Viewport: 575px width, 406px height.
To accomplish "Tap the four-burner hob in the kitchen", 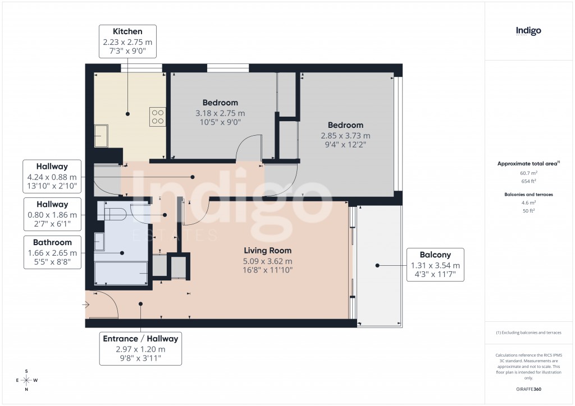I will tap(157, 116).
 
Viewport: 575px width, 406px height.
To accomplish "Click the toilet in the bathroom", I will tap(112, 211).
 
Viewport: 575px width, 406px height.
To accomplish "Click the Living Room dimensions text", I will tap(267, 266).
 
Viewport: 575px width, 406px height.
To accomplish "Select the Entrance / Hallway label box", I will tap(140, 348).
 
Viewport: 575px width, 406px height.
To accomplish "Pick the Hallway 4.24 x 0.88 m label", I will tap(52, 176).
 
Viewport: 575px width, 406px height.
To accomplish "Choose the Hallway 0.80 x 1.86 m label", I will tap(52, 214).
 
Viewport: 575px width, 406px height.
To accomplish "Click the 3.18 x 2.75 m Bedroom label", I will tap(220, 113).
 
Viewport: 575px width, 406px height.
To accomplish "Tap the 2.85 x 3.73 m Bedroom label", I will tap(345, 135).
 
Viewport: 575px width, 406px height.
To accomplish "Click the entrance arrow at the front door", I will tap(85, 305).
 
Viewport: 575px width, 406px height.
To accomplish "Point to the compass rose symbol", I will tap(26, 380).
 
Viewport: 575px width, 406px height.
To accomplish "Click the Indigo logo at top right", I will tap(528, 31).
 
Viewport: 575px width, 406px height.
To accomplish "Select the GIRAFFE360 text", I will tap(528, 389).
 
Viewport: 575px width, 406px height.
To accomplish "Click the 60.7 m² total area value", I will tap(528, 173).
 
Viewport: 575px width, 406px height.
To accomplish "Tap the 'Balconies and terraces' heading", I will tap(528, 194).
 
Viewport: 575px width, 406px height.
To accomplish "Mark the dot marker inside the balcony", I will tap(378, 266).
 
